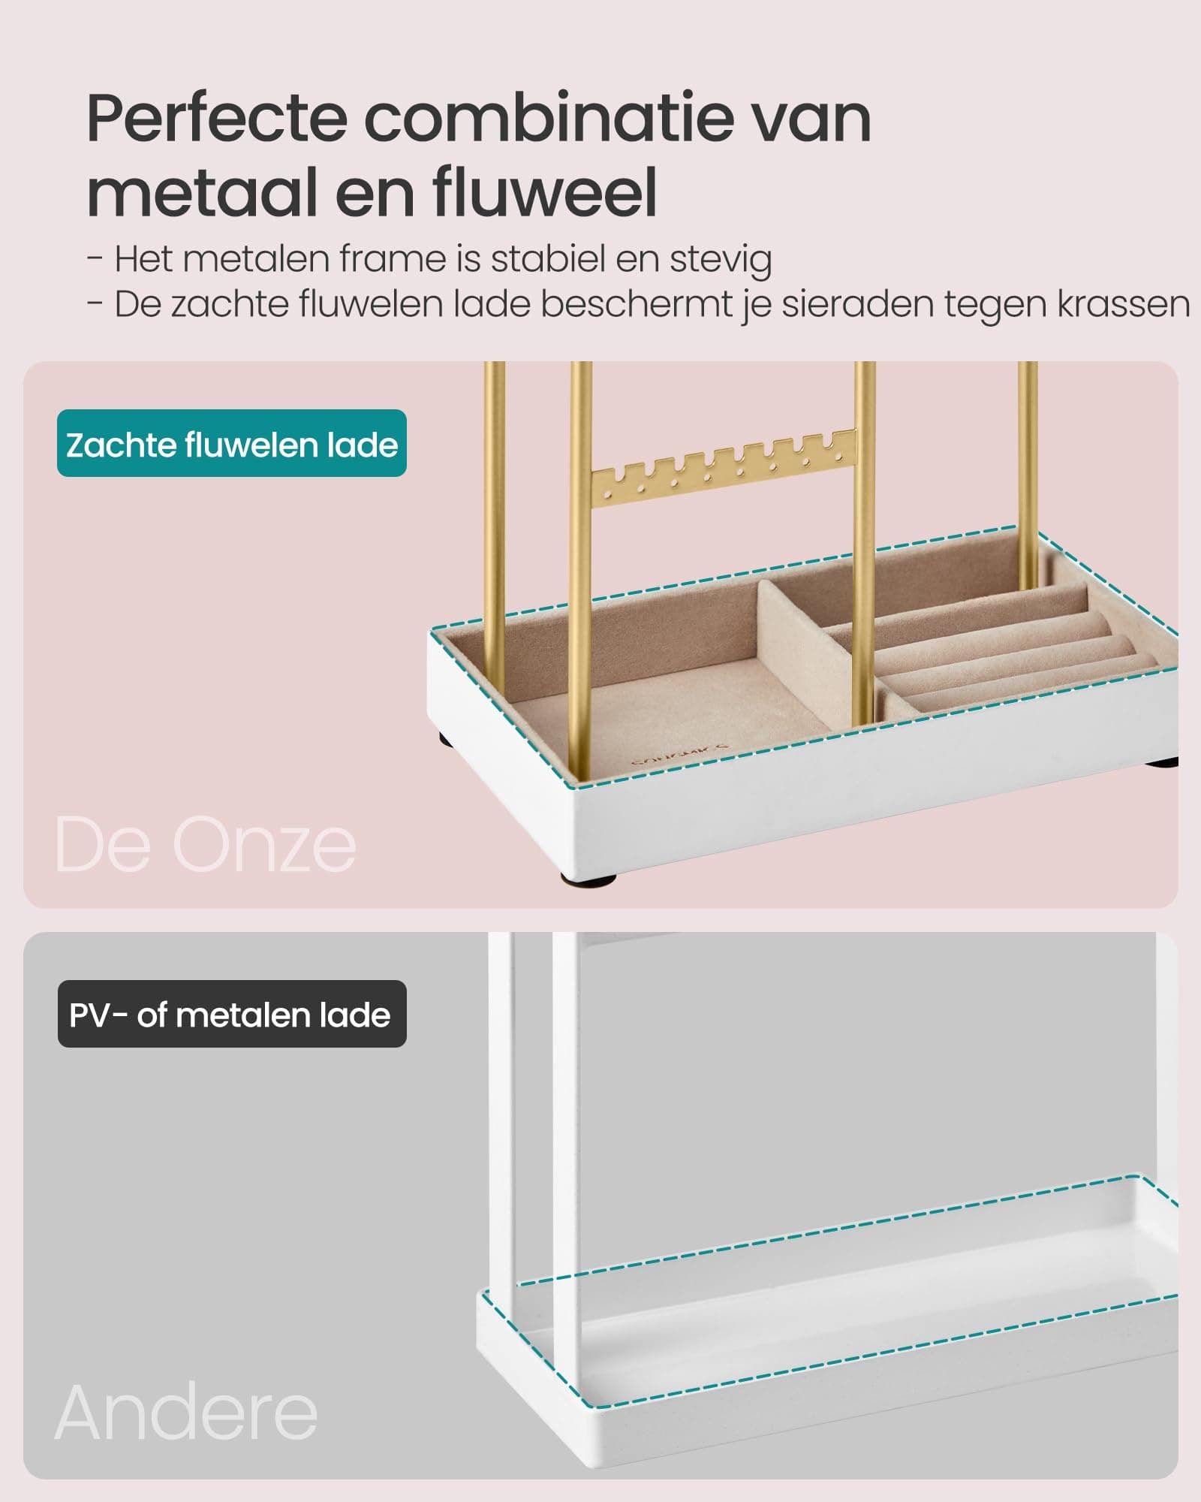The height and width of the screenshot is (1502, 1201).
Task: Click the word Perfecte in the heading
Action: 217,118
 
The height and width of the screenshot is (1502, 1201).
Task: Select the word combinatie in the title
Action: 549,118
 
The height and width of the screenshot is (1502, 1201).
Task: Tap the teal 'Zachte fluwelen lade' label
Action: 231,443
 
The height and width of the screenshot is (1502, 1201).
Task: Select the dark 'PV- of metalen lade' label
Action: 231,1014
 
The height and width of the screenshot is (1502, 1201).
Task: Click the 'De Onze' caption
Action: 205,845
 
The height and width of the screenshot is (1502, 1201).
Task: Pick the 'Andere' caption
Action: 186,1413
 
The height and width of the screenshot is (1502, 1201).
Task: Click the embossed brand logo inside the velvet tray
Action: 679,755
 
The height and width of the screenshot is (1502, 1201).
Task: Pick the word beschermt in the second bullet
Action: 656,304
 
